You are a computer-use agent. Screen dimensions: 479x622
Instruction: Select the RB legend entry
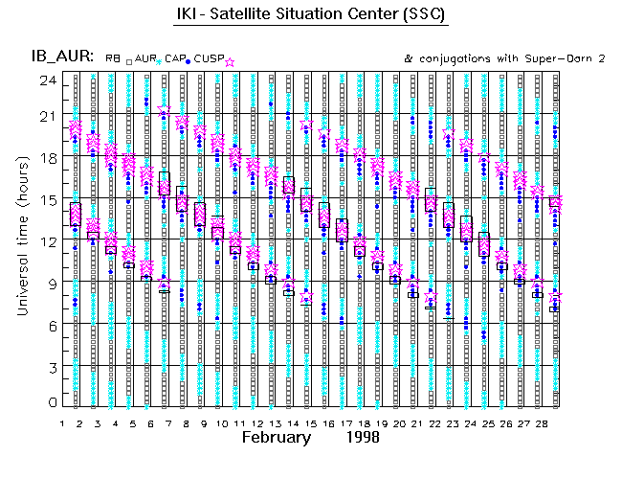coord(113,59)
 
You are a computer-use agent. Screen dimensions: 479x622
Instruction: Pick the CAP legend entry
coord(175,59)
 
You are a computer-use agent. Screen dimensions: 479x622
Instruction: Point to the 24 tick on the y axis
coord(44,80)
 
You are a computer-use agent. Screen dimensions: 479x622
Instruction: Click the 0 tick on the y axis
coord(48,403)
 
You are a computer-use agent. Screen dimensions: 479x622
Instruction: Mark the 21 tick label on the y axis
coord(44,115)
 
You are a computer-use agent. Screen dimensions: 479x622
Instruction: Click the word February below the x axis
coord(276,437)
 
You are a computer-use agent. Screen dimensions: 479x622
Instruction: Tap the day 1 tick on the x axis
coord(62,422)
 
